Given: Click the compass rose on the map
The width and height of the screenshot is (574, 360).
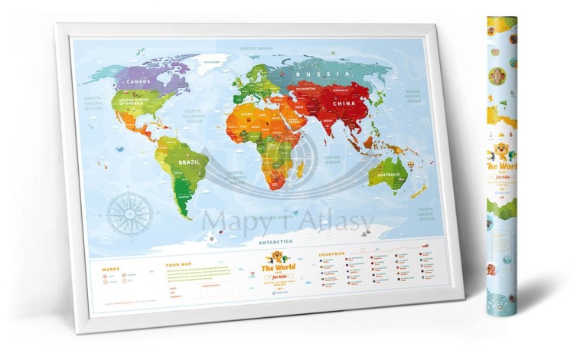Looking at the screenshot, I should (129, 214).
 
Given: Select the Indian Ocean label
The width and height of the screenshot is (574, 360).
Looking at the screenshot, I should (336, 160).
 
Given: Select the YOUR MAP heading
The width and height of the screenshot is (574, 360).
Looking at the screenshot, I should (175, 267).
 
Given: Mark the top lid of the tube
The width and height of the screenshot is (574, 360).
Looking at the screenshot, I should (501, 19).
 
